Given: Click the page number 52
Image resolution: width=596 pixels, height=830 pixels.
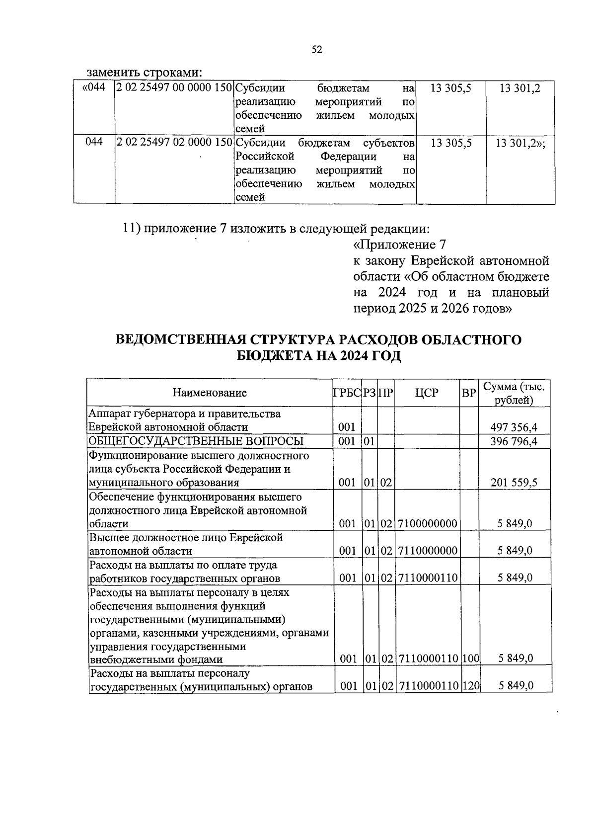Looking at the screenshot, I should pyautogui.click(x=317, y=49).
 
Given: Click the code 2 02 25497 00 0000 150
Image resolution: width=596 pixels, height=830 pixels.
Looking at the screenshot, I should pyautogui.click(x=174, y=88).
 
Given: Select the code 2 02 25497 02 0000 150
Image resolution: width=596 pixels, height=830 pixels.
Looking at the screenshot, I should pyautogui.click(x=174, y=143).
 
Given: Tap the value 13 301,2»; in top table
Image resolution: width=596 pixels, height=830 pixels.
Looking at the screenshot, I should pyautogui.click(x=521, y=143).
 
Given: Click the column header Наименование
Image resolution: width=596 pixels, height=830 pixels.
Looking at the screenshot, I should pyautogui.click(x=210, y=393).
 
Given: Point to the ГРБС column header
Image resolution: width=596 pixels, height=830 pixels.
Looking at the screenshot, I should pyautogui.click(x=347, y=393).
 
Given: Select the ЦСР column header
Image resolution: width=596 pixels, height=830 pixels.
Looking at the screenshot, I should pyautogui.click(x=427, y=393).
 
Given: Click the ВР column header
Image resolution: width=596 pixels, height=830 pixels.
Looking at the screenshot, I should pyautogui.click(x=468, y=393).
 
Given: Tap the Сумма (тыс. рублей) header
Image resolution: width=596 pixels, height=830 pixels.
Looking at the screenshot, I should pyautogui.click(x=514, y=393).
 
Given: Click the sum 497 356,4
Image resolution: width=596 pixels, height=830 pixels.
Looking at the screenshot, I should pyautogui.click(x=514, y=427).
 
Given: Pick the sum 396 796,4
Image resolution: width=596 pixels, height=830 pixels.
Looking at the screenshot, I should pyautogui.click(x=514, y=441).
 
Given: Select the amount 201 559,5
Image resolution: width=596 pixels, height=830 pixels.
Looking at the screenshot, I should pyautogui.click(x=514, y=482).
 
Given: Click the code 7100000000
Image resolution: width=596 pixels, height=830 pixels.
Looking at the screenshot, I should pyautogui.click(x=427, y=523).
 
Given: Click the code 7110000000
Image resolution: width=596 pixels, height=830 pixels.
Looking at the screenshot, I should pyautogui.click(x=427, y=551).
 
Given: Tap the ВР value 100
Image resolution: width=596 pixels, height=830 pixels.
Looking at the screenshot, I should pyautogui.click(x=470, y=659).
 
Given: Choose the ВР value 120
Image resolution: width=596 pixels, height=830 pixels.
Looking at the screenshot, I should pyautogui.click(x=470, y=686).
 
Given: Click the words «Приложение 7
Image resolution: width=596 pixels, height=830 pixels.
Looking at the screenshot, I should pyautogui.click(x=400, y=245).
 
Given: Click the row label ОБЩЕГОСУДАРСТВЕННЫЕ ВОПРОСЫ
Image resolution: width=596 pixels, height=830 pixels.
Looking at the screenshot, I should pyautogui.click(x=196, y=441).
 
